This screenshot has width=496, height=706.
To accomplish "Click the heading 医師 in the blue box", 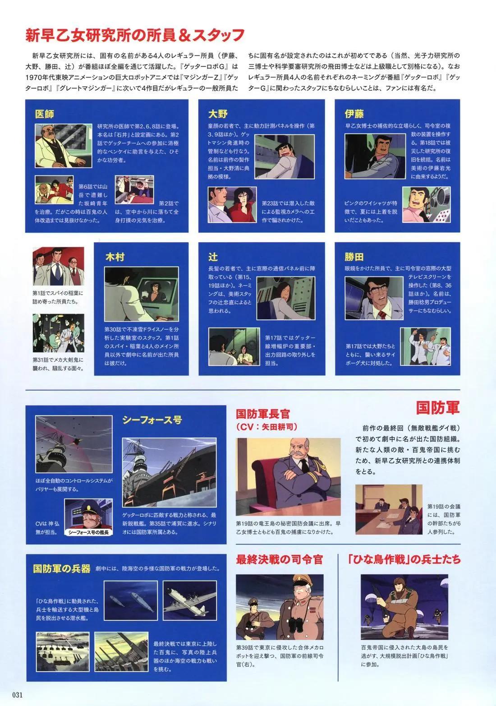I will coord(45,114).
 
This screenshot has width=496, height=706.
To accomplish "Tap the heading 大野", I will coord(218,114).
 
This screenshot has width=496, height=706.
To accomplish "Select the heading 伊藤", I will coord(354,114).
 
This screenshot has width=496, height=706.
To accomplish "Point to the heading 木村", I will coord(115,257).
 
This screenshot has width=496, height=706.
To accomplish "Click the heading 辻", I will coord(213,257).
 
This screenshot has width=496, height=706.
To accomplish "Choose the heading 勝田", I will coord(354,257).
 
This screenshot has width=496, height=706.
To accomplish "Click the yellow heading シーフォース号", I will coord(152,420).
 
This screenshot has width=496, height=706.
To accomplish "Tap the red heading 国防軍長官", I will coord(263,414).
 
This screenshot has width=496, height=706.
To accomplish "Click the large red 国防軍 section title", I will coord(437,408).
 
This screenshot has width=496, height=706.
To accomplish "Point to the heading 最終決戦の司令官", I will coord(280,560).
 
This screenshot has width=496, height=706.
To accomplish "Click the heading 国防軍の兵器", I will coord(62,568).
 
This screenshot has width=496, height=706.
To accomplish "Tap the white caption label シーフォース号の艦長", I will coord(89,532).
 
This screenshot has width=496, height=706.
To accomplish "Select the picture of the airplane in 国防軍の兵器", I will coord(186,600).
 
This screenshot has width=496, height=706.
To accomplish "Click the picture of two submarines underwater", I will coord(131,600).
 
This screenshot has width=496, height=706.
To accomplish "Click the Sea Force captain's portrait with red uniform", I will coord(88,514).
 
